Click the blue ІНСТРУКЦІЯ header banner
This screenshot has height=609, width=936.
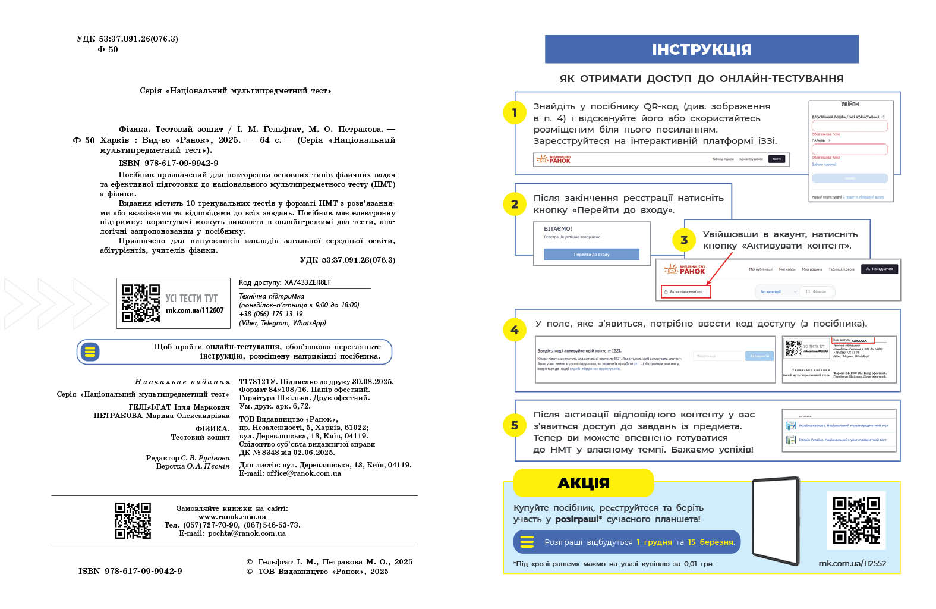[701, 49]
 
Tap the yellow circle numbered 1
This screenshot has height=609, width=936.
[515, 112]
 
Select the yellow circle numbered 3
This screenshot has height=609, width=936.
[684, 240]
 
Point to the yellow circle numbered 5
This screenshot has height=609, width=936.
[515, 425]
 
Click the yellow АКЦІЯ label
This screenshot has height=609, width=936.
[583, 483]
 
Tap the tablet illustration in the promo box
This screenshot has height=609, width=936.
[776, 521]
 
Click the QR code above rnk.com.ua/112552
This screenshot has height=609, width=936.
[856, 520]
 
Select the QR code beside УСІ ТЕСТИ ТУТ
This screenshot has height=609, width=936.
[141, 303]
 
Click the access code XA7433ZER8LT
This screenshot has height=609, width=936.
[307, 282]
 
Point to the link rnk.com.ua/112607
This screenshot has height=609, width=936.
[195, 310]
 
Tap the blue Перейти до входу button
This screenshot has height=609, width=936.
[591, 255]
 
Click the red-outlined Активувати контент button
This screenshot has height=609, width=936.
[686, 291]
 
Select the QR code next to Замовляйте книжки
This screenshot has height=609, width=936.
[133, 520]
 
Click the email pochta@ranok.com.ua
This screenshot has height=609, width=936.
[247, 533]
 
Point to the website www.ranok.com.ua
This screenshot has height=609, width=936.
[232, 517]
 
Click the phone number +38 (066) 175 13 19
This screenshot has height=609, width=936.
[271, 314]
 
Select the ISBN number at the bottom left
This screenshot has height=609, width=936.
[130, 571]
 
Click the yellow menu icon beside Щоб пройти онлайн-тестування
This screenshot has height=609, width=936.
[90, 351]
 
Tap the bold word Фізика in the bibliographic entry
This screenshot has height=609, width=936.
[134, 129]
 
